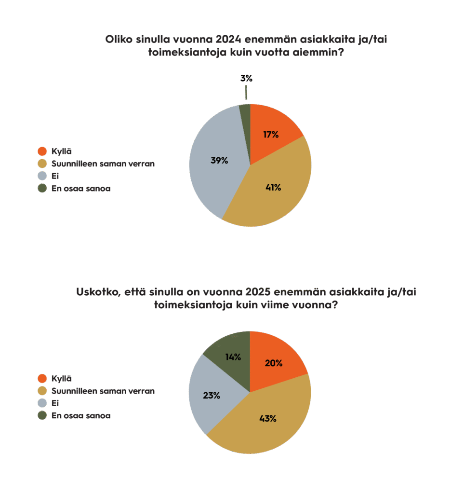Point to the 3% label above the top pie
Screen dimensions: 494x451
click(x=246, y=78)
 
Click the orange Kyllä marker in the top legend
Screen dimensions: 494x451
click(x=42, y=151)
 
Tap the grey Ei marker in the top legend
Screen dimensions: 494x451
click(x=42, y=176)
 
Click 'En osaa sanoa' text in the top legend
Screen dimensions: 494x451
click(x=81, y=188)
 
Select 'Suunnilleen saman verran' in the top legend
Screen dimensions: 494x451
click(x=103, y=164)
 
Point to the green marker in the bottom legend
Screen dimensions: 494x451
click(x=42, y=415)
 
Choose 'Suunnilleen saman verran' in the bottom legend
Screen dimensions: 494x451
click(x=103, y=391)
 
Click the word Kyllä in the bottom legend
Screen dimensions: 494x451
click(x=61, y=378)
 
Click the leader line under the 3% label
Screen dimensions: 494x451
click(x=246, y=93)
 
